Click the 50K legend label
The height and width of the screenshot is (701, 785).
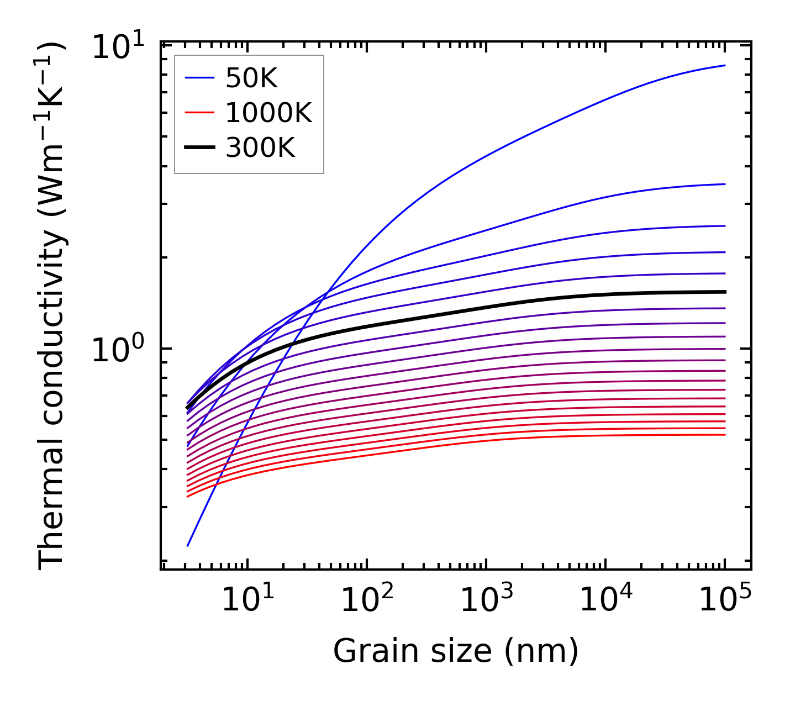pos(251,79)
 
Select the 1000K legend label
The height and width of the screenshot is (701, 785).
pos(268,113)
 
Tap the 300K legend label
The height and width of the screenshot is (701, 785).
pos(260,147)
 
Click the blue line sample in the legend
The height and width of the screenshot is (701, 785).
pos(199,79)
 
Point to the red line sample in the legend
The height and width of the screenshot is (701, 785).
pos(199,113)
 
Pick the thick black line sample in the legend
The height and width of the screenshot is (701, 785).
pos(199,147)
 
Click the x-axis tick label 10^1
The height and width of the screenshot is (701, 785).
pos(247,599)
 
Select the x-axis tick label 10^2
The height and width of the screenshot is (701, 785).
pos(367,599)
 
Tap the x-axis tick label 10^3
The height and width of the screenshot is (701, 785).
pos(487,599)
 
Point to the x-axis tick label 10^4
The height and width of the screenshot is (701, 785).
pos(606,599)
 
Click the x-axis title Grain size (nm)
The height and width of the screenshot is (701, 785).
pos(456,651)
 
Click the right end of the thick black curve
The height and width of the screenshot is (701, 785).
pos(724,292)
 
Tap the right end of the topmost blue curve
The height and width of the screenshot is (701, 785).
pos(724,65)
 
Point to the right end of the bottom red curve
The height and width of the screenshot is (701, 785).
pos(724,435)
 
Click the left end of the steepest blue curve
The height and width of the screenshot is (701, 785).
pos(188,546)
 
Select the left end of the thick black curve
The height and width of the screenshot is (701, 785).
pos(188,408)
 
